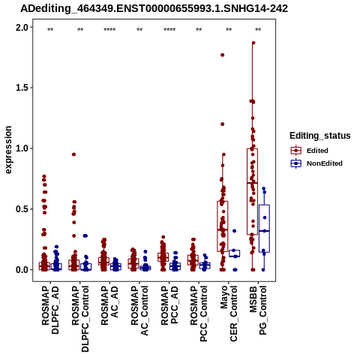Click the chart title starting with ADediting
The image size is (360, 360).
click(x=154, y=9)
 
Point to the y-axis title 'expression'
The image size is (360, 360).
click(x=8, y=150)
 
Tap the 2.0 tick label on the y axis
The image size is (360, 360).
click(x=22, y=27)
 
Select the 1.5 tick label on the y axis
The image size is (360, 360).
click(x=22, y=88)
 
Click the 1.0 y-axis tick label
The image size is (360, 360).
click(x=22, y=148)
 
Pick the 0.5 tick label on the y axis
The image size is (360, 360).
click(x=22, y=209)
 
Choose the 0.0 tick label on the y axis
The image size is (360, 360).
click(x=22, y=270)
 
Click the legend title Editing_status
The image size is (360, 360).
click(x=320, y=136)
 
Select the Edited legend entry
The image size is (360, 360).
click(x=310, y=151)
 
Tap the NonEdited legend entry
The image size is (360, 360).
click(x=316, y=163)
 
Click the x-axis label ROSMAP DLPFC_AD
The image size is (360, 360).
click(x=50, y=310)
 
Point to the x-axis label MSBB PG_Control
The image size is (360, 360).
click(x=258, y=310)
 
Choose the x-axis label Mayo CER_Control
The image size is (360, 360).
click(x=229, y=313)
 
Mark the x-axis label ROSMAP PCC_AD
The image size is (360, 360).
click(x=169, y=305)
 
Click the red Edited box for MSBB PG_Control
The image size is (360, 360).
click(x=252, y=191)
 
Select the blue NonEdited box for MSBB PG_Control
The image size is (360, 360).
click(x=264, y=229)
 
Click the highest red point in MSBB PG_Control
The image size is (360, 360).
click(x=253, y=43)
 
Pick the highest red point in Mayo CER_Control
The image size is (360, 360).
click(x=222, y=55)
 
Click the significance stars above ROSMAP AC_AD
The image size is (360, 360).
click(x=109, y=30)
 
